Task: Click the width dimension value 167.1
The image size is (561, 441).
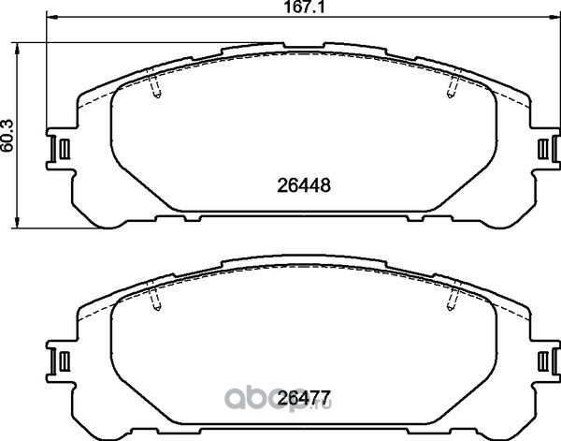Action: click(304, 7)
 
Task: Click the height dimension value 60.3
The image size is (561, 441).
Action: click(7, 135)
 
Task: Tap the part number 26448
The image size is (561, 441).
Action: click(304, 185)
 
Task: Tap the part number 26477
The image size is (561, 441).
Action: click(304, 398)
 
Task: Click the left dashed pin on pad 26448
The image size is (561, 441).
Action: click(155, 86)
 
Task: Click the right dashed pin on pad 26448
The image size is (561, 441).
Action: click(453, 86)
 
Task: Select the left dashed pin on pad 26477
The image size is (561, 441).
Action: click(155, 299)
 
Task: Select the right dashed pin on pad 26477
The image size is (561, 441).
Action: click(453, 299)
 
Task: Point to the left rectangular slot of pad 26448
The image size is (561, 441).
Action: click(65, 149)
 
